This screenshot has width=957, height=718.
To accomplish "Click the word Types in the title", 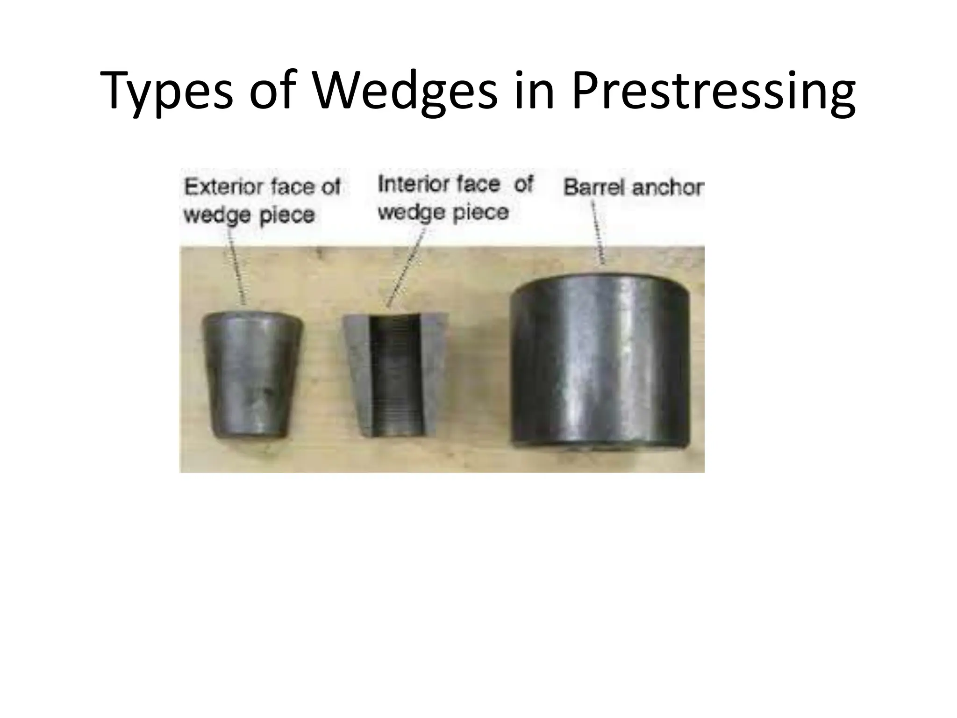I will coord(166,91).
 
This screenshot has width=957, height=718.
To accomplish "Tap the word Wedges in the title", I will coord(405,91).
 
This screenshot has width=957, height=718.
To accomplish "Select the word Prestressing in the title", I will coord(713,91).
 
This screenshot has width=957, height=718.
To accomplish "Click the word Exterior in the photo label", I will coord(222,187).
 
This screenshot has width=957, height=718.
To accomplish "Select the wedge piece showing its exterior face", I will coord(252,374).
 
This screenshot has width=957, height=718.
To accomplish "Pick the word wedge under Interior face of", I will coord(405,213).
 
